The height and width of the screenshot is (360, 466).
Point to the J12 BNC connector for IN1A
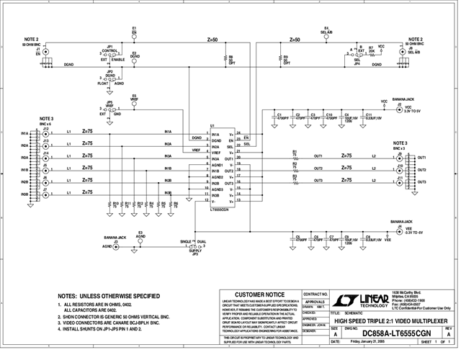point(46,135)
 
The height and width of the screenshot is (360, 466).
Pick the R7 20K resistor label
point(371,49)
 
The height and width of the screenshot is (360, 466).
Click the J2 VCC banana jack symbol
point(398,107)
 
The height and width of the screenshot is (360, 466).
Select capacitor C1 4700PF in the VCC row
point(277,115)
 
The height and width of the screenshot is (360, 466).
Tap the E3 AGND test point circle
point(140,240)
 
